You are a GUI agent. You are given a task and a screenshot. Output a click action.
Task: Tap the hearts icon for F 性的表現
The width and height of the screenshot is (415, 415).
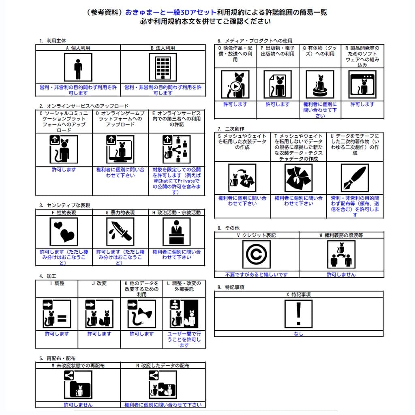[x=64, y=232]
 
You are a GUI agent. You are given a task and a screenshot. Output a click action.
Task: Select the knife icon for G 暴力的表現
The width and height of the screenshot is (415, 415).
[x=120, y=232]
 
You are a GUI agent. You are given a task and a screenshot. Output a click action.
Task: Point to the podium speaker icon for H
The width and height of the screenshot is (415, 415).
[x=176, y=232]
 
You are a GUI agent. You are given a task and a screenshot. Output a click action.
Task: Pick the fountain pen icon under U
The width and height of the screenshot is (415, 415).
[x=355, y=178]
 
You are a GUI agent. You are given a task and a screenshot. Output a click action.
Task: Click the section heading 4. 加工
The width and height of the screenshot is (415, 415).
[x=48, y=276]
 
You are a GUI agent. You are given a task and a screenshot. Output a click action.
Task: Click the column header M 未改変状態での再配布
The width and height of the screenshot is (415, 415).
[x=78, y=366]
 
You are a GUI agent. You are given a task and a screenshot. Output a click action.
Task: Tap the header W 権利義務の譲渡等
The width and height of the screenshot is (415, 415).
[x=341, y=235]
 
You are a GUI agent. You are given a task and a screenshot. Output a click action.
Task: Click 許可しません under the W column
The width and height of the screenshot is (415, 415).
[x=341, y=274]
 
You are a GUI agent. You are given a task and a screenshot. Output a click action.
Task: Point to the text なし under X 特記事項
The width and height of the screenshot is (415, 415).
[x=299, y=334]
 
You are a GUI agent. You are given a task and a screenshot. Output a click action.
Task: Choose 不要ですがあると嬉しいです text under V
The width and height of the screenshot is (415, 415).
[x=256, y=274]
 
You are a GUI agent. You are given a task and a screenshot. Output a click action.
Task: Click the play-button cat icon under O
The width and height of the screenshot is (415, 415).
[x=235, y=85]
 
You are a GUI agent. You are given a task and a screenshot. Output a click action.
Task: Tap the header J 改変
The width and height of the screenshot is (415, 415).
[x=99, y=283]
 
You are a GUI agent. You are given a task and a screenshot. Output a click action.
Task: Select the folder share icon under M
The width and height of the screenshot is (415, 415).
[x=78, y=385]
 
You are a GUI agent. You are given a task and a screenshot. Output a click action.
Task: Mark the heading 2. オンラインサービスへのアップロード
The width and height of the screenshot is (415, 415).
[x=84, y=106]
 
